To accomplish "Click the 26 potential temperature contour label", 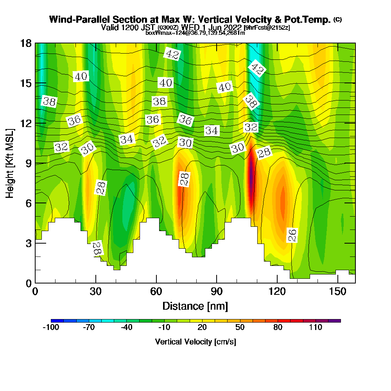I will pos(292,235).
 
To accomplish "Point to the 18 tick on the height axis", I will pos(35,43).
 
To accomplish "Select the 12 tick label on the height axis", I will pos(25,123).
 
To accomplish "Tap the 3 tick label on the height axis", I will pos(28,243).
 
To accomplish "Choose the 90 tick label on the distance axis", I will pos(217,292).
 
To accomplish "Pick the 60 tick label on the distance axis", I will pos(156,292).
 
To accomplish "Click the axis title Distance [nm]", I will pos(195,306).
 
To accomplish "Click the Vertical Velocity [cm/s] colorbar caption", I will pos(195,342).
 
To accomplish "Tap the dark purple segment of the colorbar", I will pos(335,321).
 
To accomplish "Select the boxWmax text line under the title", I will pos(195,33).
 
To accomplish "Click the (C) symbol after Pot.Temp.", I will pos(337,20).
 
